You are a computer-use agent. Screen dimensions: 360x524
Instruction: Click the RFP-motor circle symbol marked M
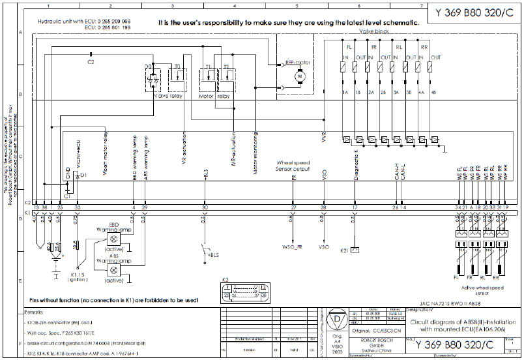[x=300, y=76]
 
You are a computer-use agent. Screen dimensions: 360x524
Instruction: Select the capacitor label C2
[x=91, y=62]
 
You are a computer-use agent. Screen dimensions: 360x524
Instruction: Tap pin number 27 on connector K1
[x=294, y=207]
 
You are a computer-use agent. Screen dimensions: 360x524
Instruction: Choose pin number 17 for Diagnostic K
[x=354, y=207]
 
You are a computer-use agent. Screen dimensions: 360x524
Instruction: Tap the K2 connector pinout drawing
[x=244, y=293]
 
